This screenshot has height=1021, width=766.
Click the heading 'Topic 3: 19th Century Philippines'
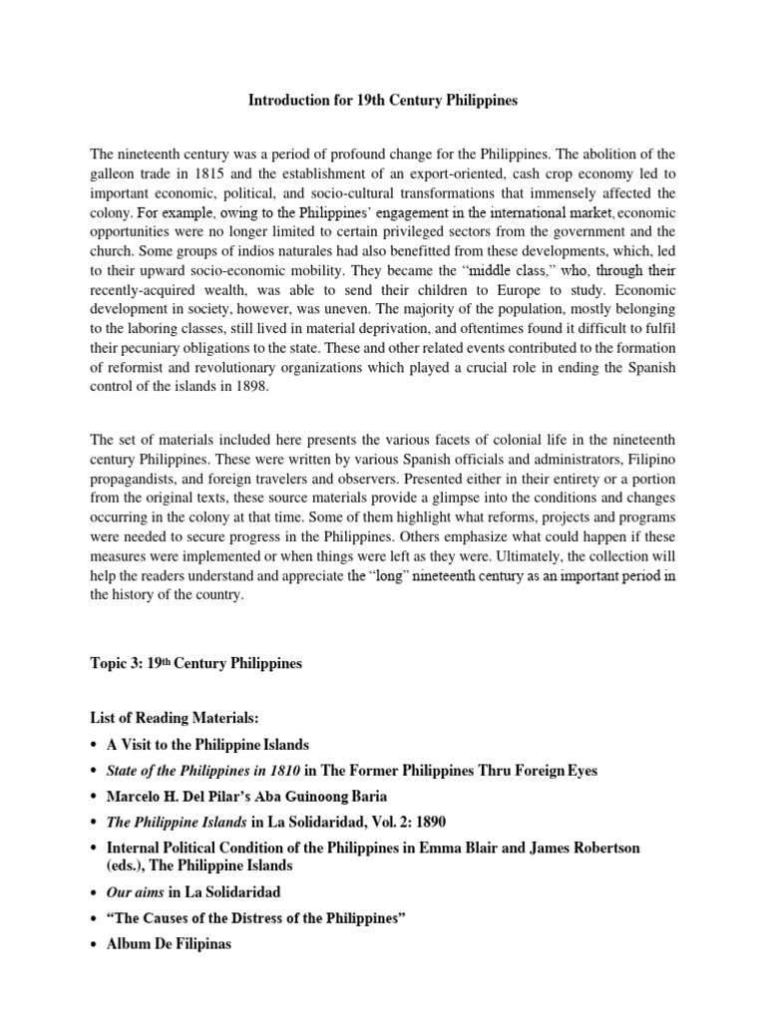click(x=195, y=664)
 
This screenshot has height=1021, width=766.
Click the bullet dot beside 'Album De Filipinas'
click(x=96, y=943)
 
